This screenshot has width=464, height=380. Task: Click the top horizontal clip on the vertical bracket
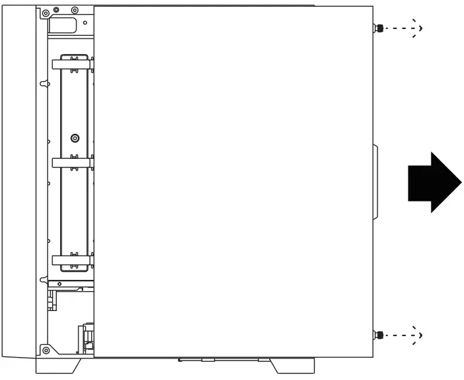(72, 65)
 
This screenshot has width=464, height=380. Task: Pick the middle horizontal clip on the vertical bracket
(72, 162)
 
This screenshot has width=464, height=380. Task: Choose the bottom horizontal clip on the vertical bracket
(72, 260)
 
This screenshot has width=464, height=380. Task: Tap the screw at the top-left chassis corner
(45, 13)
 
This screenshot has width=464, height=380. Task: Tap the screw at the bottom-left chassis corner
(45, 350)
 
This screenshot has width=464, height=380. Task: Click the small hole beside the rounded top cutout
(87, 20)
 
